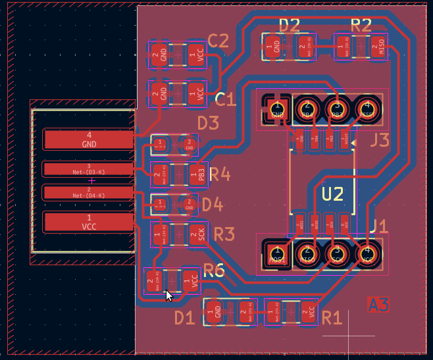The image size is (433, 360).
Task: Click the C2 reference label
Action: click(x=218, y=40)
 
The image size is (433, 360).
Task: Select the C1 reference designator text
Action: click(x=225, y=99)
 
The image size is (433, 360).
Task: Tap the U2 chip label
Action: click(x=333, y=193)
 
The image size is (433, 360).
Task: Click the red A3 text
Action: click(x=378, y=304)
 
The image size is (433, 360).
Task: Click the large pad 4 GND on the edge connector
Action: click(x=89, y=140)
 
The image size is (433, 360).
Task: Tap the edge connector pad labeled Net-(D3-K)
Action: click(x=89, y=169)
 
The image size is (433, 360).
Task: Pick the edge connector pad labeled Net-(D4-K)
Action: click(x=89, y=192)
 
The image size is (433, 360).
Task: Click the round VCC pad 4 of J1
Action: click(x=367, y=253)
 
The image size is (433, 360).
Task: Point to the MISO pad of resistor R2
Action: click(x=378, y=46)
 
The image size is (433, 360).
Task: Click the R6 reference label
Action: click(x=214, y=269)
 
